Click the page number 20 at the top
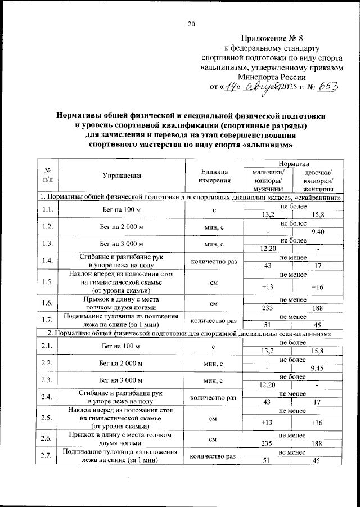191,24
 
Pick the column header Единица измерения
214,176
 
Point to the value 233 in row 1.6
268,308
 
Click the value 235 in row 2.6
268,443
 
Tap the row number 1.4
48,261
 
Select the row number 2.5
48,418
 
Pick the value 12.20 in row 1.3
268,248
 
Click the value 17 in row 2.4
318,402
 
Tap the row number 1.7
48,320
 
